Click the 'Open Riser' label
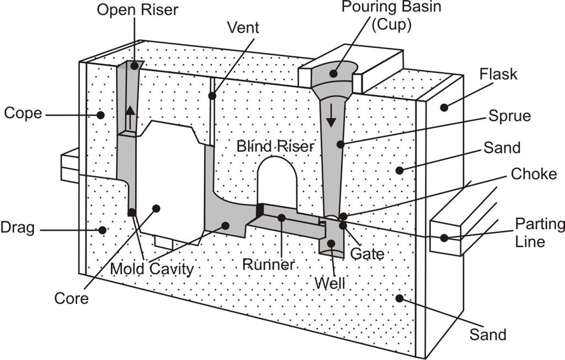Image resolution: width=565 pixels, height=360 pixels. tap(137, 10)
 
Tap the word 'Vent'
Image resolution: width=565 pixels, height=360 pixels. tap(243, 28)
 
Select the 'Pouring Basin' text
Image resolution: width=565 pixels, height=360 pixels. tap(391, 7)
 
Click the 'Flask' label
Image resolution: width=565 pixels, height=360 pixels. tap(498, 74)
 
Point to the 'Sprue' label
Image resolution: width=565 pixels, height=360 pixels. tap(509, 116)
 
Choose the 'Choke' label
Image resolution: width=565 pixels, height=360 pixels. tap(534, 174)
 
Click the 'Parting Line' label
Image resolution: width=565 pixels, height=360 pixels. tap(540, 232)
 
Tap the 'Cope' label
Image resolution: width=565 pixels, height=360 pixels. tap(23, 114)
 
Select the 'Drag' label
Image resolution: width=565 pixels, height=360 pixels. tap(18, 228)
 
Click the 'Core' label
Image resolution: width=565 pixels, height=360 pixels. tap(71, 298)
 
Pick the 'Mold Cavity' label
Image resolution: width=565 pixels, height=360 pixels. tap(152, 269)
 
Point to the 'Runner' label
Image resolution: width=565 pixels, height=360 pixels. tap(269, 265)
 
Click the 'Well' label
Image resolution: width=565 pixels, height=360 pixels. tap(330, 283)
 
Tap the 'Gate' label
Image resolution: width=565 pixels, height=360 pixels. tap(367, 254)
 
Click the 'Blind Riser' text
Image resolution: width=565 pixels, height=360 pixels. tap(275, 146)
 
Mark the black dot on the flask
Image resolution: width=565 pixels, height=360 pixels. tap(444, 107)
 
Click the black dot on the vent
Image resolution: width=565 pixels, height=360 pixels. tap(212, 96)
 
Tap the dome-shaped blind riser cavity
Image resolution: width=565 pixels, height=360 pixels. tap(277, 182)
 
